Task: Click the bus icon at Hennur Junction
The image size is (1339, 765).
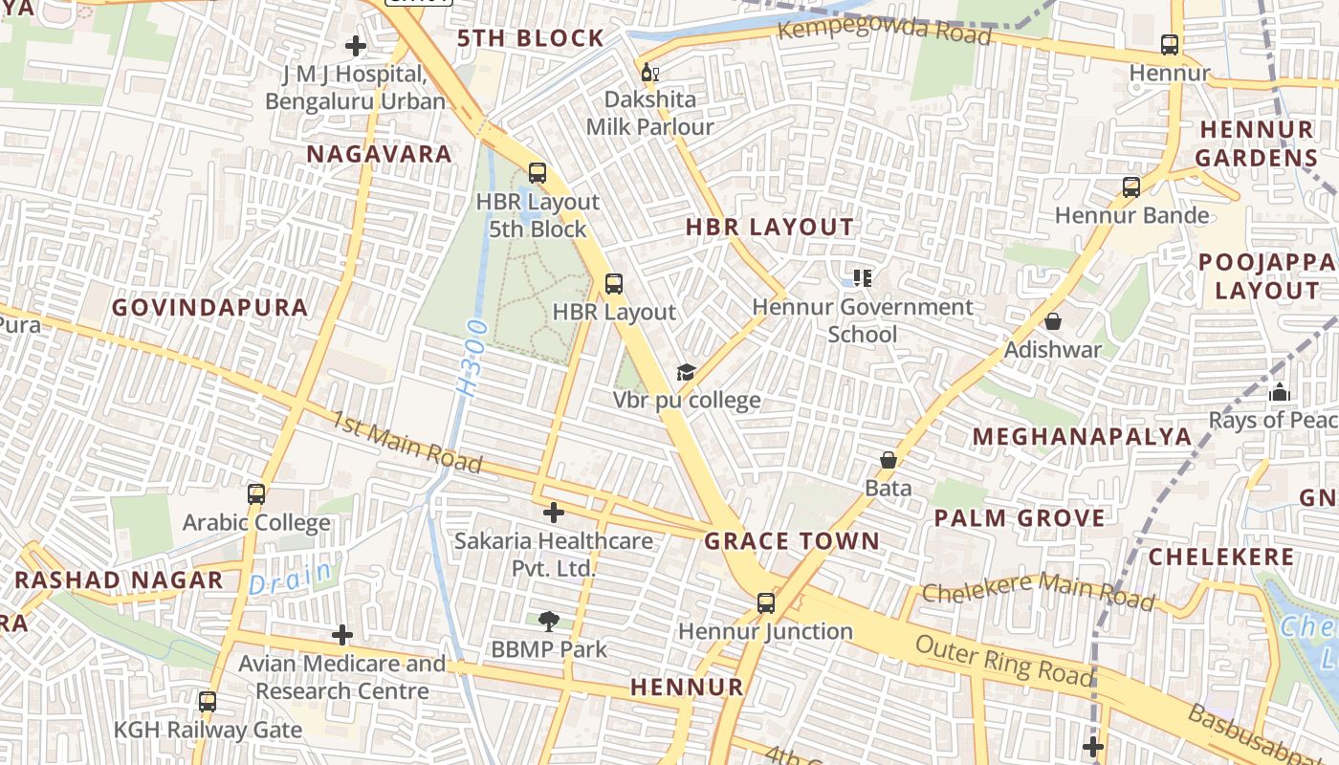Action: pyautogui.click(x=766, y=603)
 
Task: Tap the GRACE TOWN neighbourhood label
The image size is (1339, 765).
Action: pyautogui.click(x=792, y=541)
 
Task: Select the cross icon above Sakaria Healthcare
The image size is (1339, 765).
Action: pyautogui.click(x=553, y=513)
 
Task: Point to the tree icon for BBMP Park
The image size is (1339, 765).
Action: pyautogui.click(x=548, y=622)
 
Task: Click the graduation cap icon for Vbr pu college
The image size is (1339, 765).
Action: pyautogui.click(x=686, y=373)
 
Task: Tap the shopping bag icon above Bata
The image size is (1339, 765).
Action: pyautogui.click(x=889, y=460)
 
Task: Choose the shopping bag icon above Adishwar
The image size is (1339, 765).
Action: pyautogui.click(x=1053, y=321)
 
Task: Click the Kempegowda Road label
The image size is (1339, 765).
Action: pyautogui.click(x=884, y=30)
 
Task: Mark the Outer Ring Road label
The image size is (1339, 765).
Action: pyautogui.click(x=1003, y=660)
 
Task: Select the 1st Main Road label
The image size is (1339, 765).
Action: pyautogui.click(x=407, y=442)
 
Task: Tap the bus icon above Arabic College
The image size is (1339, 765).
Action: pyautogui.click(x=256, y=494)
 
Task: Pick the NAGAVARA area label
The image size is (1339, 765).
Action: pyautogui.click(x=379, y=154)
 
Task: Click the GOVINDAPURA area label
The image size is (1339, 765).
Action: pyautogui.click(x=210, y=308)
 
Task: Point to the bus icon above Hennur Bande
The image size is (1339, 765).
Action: pyautogui.click(x=1131, y=187)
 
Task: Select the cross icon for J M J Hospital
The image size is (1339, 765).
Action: pyautogui.click(x=356, y=46)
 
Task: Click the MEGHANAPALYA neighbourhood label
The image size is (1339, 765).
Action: pyautogui.click(x=1083, y=437)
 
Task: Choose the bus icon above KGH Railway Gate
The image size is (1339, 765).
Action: pyautogui.click(x=208, y=702)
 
